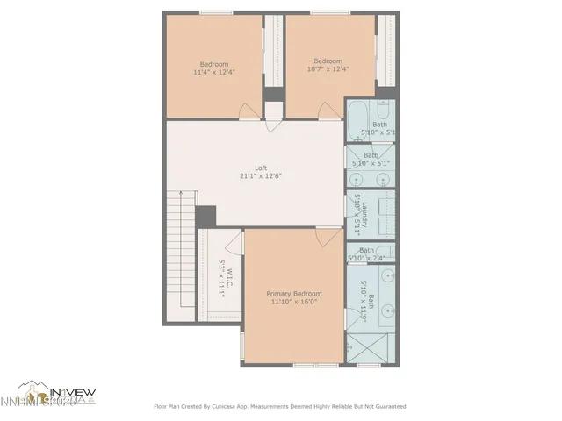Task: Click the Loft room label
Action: tap(261, 167)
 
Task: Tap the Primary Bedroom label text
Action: tap(294, 293)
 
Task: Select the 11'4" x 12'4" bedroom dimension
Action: tap(214, 73)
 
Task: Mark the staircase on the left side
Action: tap(181, 258)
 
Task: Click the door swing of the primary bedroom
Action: tap(328, 236)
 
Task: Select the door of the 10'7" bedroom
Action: tap(329, 110)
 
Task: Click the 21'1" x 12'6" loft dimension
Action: tap(261, 175)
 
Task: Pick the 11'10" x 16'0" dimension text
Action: tap(294, 302)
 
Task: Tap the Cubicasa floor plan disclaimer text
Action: tap(280, 406)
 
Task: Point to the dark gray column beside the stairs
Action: tap(206, 216)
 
